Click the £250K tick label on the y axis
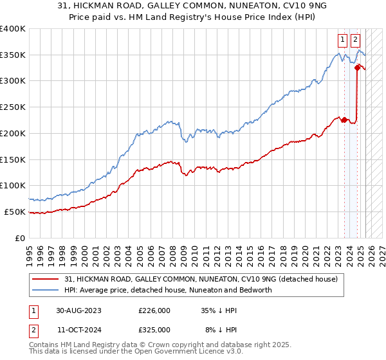(12, 107)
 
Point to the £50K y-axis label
(14, 212)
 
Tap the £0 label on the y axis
(21, 238)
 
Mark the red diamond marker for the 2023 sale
(344, 120)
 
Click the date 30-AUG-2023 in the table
(79, 310)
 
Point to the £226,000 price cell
(154, 310)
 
